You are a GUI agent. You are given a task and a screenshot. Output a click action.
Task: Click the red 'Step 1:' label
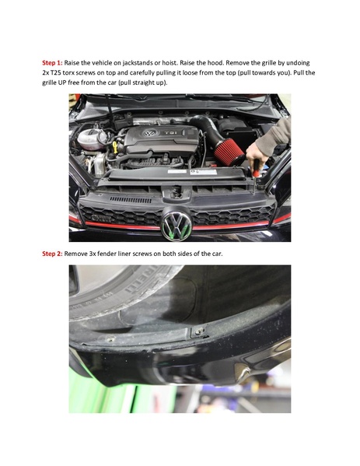click(x=52, y=63)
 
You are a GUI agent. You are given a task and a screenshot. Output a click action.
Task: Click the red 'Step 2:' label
click(x=52, y=254)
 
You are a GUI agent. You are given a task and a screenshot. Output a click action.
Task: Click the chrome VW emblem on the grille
click(x=177, y=226)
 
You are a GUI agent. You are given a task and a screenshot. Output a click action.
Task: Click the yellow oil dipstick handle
click(x=114, y=147)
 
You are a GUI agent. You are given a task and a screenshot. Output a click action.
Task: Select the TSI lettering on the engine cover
click(x=171, y=132)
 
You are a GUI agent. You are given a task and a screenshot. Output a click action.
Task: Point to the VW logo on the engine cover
click(x=149, y=134)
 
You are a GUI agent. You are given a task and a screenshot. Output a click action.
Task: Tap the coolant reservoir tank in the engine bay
click(x=92, y=138)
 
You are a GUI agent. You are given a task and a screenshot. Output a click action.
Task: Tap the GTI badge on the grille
click(x=102, y=219)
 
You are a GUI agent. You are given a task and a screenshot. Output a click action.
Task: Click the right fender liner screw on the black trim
click(x=199, y=331)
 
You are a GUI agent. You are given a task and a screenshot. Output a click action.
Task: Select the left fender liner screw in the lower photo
click(x=110, y=339)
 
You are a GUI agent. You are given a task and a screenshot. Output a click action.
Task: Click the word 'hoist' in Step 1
click(x=170, y=63)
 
